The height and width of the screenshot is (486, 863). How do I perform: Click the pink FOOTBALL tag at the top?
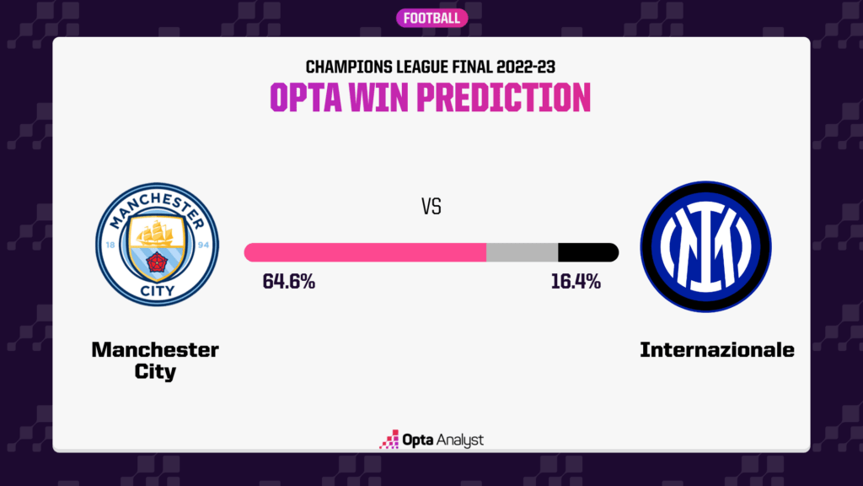pyautogui.click(x=431, y=18)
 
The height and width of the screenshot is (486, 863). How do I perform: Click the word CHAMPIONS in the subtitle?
pyautogui.click(x=341, y=66)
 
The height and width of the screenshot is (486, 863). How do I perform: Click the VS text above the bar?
pyautogui.click(x=431, y=206)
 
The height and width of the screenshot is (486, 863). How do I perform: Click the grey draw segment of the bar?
pyautogui.click(x=522, y=251)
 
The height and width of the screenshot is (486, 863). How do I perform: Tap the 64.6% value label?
pyautogui.click(x=289, y=282)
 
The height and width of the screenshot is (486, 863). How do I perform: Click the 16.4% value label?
pyautogui.click(x=576, y=282)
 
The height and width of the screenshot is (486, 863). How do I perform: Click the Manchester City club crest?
pyautogui.click(x=156, y=246)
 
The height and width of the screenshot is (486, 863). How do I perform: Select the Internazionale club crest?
pyautogui.click(x=705, y=246)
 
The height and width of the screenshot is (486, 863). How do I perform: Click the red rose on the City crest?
pyautogui.click(x=156, y=265)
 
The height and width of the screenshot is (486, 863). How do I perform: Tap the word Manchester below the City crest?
pyautogui.click(x=155, y=349)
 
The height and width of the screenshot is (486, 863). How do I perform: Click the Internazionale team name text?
pyautogui.click(x=717, y=349)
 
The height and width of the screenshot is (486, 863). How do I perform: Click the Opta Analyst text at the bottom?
pyautogui.click(x=442, y=440)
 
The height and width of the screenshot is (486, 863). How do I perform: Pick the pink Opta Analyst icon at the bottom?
pyautogui.click(x=389, y=440)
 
